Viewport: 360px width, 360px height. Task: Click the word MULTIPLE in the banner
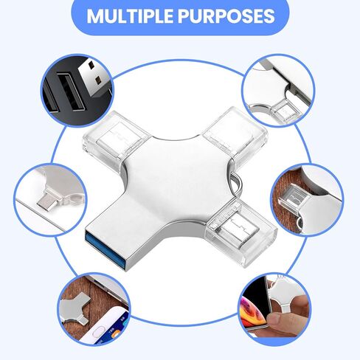[x=130, y=16]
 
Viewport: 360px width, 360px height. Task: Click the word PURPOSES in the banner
[x=226, y=16]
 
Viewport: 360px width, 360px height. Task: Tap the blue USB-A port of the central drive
[x=106, y=249]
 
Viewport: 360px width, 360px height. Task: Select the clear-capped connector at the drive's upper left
[x=116, y=138]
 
